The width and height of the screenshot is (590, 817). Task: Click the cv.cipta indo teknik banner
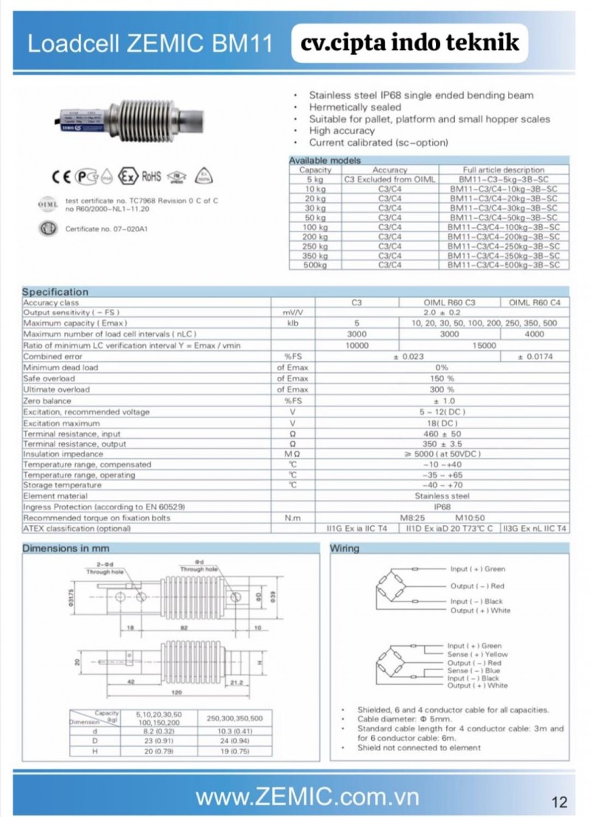coord(409,44)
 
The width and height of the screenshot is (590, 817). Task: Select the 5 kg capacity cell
coord(314,179)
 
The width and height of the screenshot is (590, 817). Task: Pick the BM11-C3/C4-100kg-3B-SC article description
coord(503,226)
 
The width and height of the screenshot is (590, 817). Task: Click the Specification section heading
coord(55,292)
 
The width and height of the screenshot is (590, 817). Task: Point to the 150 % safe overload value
coord(442,378)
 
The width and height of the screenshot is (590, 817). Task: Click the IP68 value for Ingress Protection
coord(442,507)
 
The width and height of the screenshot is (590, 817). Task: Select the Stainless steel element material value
coord(442,496)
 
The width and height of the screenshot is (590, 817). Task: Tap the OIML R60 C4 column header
coord(534,302)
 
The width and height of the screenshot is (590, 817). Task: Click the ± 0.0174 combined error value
coord(534,356)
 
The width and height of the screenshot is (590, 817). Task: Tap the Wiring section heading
coord(344,549)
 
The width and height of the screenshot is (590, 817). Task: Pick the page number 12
coord(559,802)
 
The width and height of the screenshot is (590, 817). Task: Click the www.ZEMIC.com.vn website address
coord(307,797)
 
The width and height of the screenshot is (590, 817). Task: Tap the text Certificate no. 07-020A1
coord(107,229)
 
